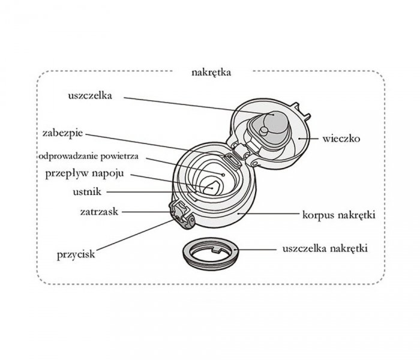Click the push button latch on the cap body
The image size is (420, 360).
[x=181, y=213]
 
